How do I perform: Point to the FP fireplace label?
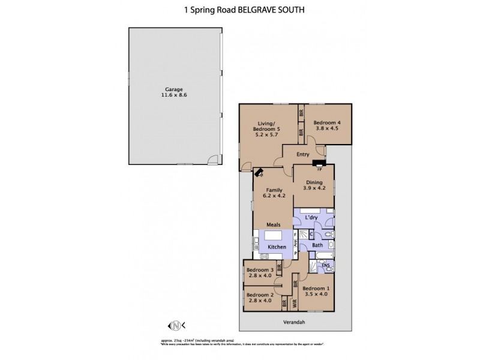tap(320, 169)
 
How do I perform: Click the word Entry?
tap(303, 155)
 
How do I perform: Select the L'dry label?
tap(311, 217)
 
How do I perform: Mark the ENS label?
tap(326, 266)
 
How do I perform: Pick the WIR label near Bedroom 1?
tap(295, 304)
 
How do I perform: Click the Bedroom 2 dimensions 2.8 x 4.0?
tap(259, 301)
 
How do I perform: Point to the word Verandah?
tap(294, 322)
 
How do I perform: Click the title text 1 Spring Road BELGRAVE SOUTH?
tap(240, 10)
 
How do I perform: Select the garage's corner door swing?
tap(211, 159)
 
